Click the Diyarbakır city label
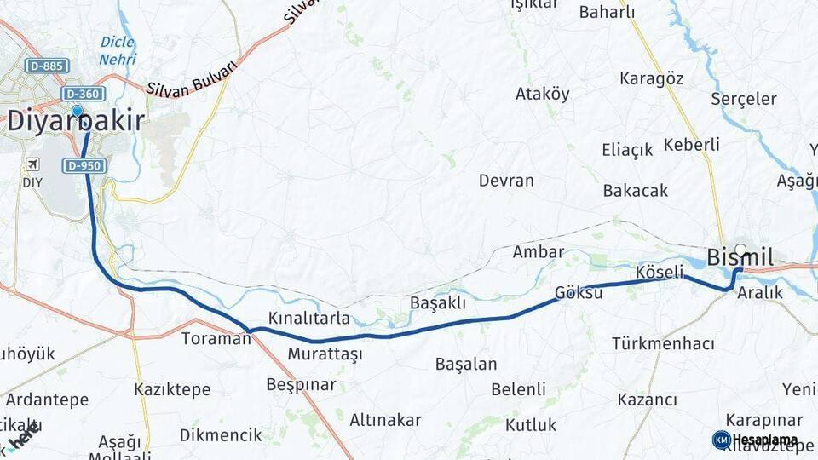75,122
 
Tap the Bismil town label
740,257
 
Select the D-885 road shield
47,66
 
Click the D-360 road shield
83,94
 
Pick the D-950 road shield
84,165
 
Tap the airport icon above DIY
32,164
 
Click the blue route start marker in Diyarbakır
78,111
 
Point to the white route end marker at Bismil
740,250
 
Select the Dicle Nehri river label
118,50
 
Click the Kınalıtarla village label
309,319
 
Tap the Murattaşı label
325,354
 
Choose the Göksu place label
579,292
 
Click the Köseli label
660,273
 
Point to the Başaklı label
438,302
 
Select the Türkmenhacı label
662,343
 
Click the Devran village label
506,181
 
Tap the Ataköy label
542,95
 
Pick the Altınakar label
385,419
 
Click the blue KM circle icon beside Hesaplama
721,440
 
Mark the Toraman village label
216,338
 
